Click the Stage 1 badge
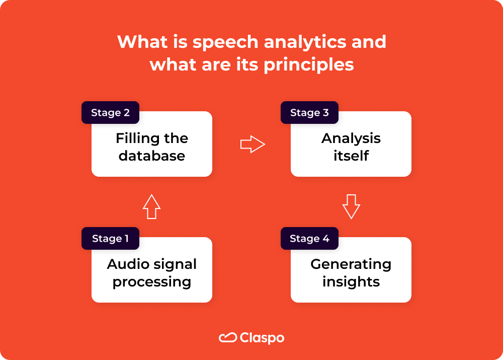coord(110,239)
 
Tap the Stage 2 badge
coord(110,113)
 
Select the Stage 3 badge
coord(309,113)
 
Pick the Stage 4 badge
coord(309,239)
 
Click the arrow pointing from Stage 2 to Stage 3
coord(253,145)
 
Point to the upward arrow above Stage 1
coord(151,206)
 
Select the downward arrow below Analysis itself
coord(351,206)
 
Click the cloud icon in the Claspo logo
coord(228,338)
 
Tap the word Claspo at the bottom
coord(262,338)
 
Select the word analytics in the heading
coord(305,42)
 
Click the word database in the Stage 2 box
coord(152,156)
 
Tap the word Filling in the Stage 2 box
coord(134,138)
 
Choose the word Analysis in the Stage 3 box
coord(351,138)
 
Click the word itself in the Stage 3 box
coord(351,156)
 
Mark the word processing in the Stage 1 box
coord(152,282)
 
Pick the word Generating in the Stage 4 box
coord(351,264)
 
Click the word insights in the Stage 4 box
coord(351,281)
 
